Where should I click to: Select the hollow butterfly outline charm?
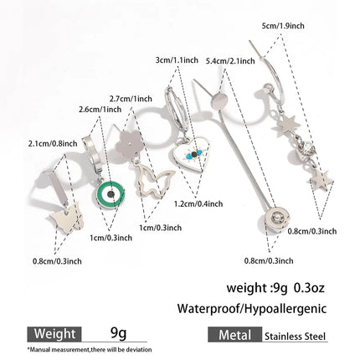[x=153, y=181]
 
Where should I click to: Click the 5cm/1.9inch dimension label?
[x=283, y=26]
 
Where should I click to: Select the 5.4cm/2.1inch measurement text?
[x=230, y=60]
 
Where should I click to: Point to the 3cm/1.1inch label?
[x=177, y=60]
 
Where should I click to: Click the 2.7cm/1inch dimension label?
[x=131, y=99]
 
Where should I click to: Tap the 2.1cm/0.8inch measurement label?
[x=53, y=144]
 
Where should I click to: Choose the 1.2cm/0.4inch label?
[x=198, y=203]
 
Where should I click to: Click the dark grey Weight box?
[x=54, y=334]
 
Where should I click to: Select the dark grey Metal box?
[x=235, y=334]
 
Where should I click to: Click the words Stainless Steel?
[x=295, y=336]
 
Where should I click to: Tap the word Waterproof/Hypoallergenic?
[x=252, y=309]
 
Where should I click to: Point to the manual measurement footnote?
[x=90, y=349]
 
